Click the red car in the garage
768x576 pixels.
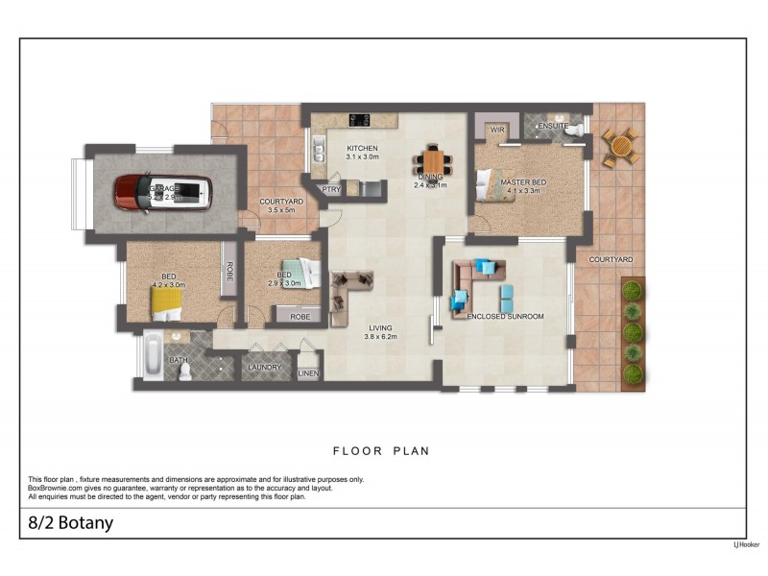click(x=162, y=192)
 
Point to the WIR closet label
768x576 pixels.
click(x=497, y=128)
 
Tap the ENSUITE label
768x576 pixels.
click(x=554, y=127)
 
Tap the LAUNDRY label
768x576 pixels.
click(x=264, y=367)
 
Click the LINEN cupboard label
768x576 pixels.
click(x=308, y=372)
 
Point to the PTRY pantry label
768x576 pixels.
click(x=331, y=189)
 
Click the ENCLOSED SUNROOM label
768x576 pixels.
click(x=505, y=316)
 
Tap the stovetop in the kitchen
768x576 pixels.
click(x=362, y=120)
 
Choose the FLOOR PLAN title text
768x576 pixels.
click(x=381, y=450)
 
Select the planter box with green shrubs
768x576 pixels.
click(x=633, y=332)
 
